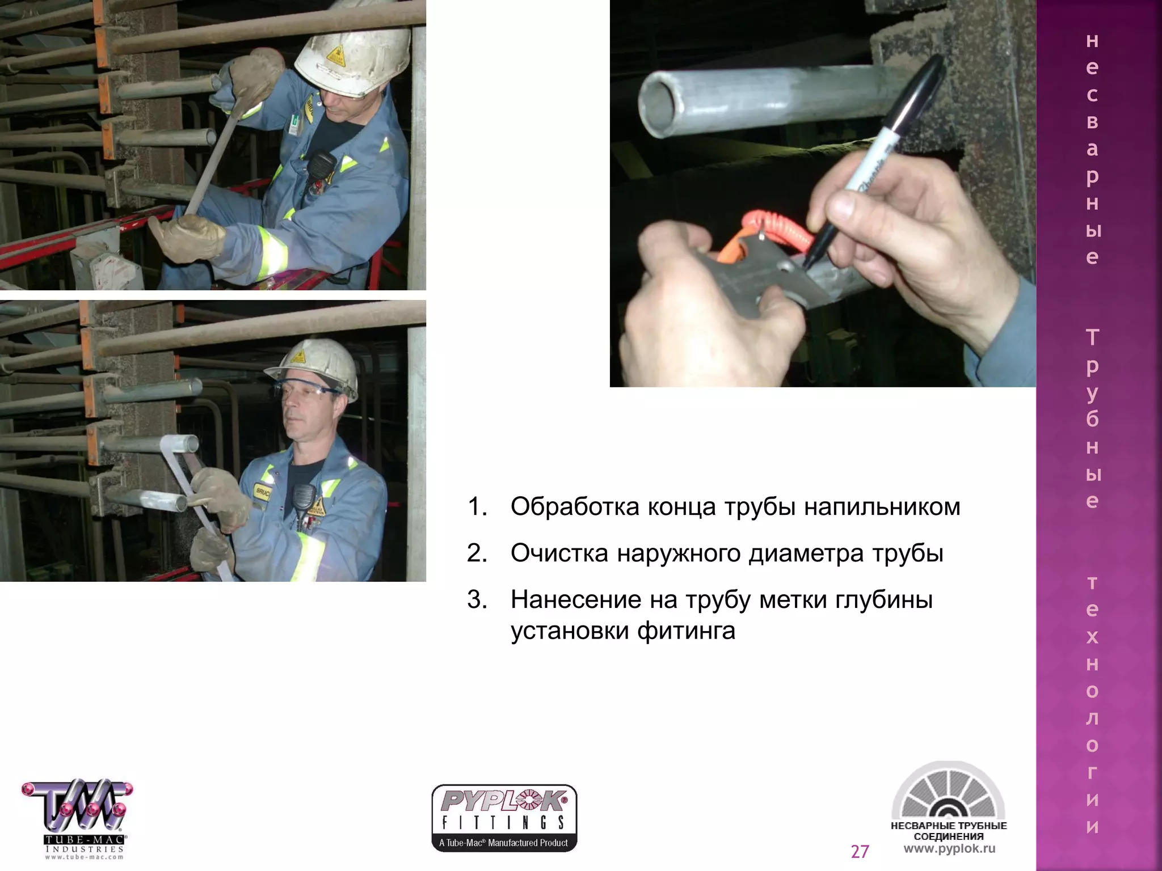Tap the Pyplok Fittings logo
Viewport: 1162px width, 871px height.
[x=504, y=817]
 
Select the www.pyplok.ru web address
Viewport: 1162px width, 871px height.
[x=949, y=849]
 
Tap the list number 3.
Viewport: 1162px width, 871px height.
[x=477, y=599]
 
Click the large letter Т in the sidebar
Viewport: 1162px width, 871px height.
[x=1092, y=338]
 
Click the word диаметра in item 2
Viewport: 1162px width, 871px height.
[x=806, y=553]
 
